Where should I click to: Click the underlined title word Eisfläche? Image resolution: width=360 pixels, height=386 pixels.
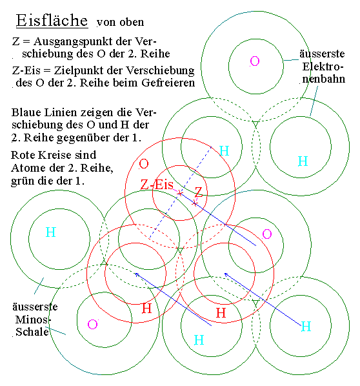point(52,20)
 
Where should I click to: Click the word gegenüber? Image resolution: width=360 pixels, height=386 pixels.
point(83,138)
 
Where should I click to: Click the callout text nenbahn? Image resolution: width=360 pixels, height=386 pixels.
point(324,79)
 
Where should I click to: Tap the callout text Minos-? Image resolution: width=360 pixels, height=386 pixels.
point(33,320)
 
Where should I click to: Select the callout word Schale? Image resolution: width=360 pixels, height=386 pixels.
point(32,332)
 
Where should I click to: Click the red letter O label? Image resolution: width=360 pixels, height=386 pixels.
point(144,164)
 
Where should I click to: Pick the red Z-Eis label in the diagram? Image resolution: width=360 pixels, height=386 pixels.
point(157,185)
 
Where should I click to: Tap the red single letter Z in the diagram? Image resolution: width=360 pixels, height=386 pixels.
point(199,192)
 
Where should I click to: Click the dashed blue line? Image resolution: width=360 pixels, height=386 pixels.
point(180,192)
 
